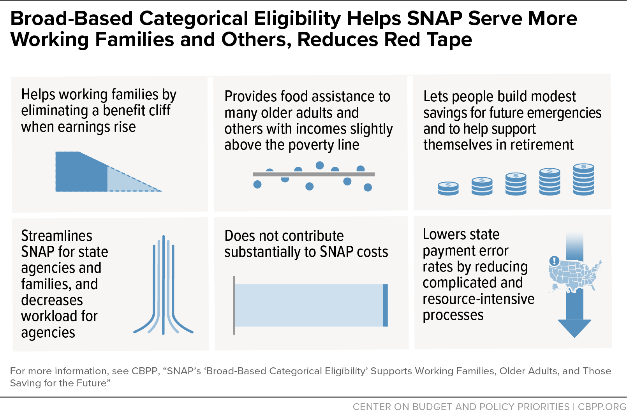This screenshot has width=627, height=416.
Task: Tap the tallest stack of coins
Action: (x=584, y=180)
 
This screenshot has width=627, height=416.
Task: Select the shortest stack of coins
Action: (x=448, y=188)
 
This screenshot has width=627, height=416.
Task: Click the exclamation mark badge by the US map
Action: (x=554, y=261)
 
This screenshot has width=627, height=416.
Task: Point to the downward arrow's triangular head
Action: (x=575, y=328)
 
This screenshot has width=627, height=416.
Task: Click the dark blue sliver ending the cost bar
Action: (x=386, y=305)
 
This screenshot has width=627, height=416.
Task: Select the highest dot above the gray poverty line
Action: (x=320, y=166)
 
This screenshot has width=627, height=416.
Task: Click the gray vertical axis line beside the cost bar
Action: (x=234, y=305)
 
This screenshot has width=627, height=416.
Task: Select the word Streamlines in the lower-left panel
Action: (x=56, y=236)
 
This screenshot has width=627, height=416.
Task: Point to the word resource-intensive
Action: (x=478, y=299)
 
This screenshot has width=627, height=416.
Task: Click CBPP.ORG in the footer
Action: (x=602, y=407)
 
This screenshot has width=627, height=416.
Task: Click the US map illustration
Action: (x=575, y=276)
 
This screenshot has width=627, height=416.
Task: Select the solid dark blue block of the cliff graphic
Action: (x=81, y=172)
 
